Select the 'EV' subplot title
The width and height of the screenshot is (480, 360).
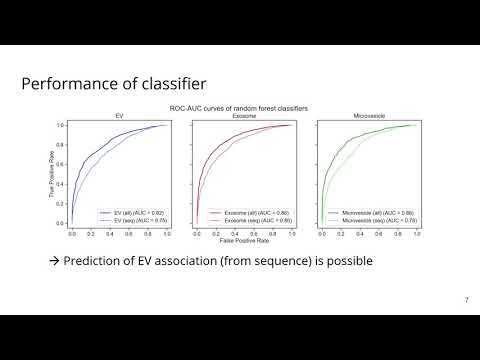[119, 116]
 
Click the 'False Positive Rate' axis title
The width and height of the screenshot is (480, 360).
[242, 241]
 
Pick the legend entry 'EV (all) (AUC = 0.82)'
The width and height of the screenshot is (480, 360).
[133, 212]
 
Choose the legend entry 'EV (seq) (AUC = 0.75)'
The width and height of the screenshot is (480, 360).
[133, 219]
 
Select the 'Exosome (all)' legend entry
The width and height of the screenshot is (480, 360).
[250, 212]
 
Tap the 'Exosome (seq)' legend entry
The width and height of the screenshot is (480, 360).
[250, 219]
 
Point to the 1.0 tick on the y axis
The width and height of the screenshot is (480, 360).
[61, 125]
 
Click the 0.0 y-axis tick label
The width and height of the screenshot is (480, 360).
[61, 225]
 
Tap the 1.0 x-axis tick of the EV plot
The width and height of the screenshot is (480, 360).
[166, 233]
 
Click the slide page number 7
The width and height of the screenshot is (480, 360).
[466, 300]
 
